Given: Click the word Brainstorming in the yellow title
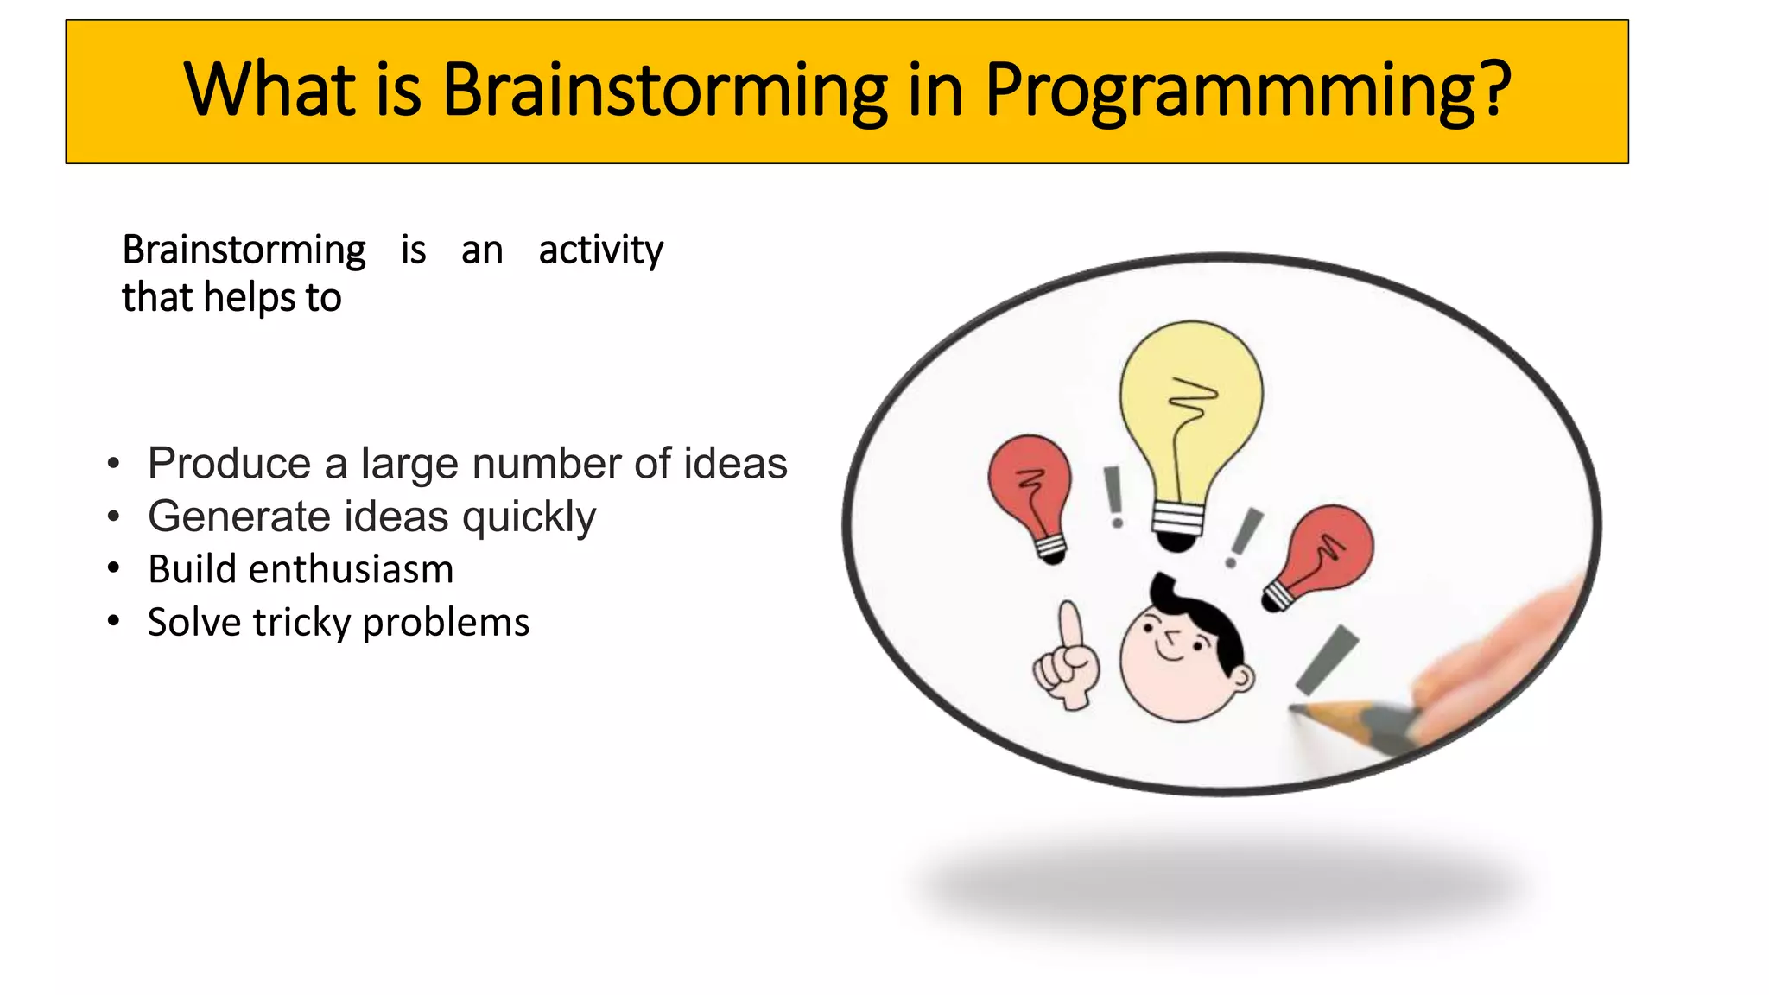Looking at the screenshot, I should click(x=664, y=91).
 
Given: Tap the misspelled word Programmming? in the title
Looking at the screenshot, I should click(x=1247, y=91).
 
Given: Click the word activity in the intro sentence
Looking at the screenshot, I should click(x=600, y=251).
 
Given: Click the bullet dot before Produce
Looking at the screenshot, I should click(x=114, y=465).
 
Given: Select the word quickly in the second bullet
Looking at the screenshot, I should click(x=529, y=517).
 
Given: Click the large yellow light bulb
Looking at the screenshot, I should click(x=1191, y=406).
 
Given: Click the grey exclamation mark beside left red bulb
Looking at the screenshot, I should click(x=1114, y=497).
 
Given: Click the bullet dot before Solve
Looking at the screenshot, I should click(x=114, y=622).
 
